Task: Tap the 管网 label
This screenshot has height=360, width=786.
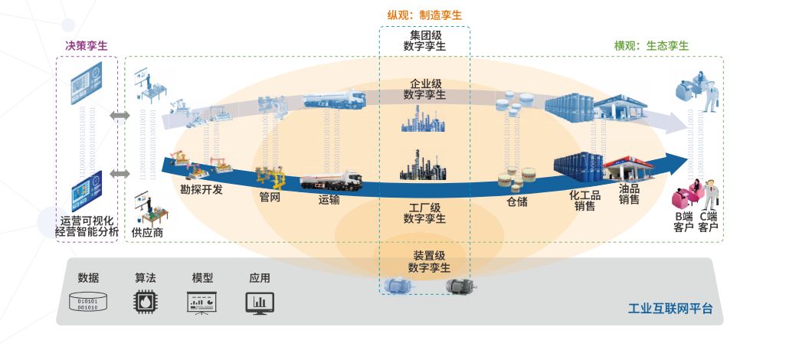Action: click(270, 197)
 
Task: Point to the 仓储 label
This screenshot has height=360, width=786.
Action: click(516, 202)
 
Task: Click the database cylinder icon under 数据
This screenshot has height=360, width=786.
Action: click(89, 303)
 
